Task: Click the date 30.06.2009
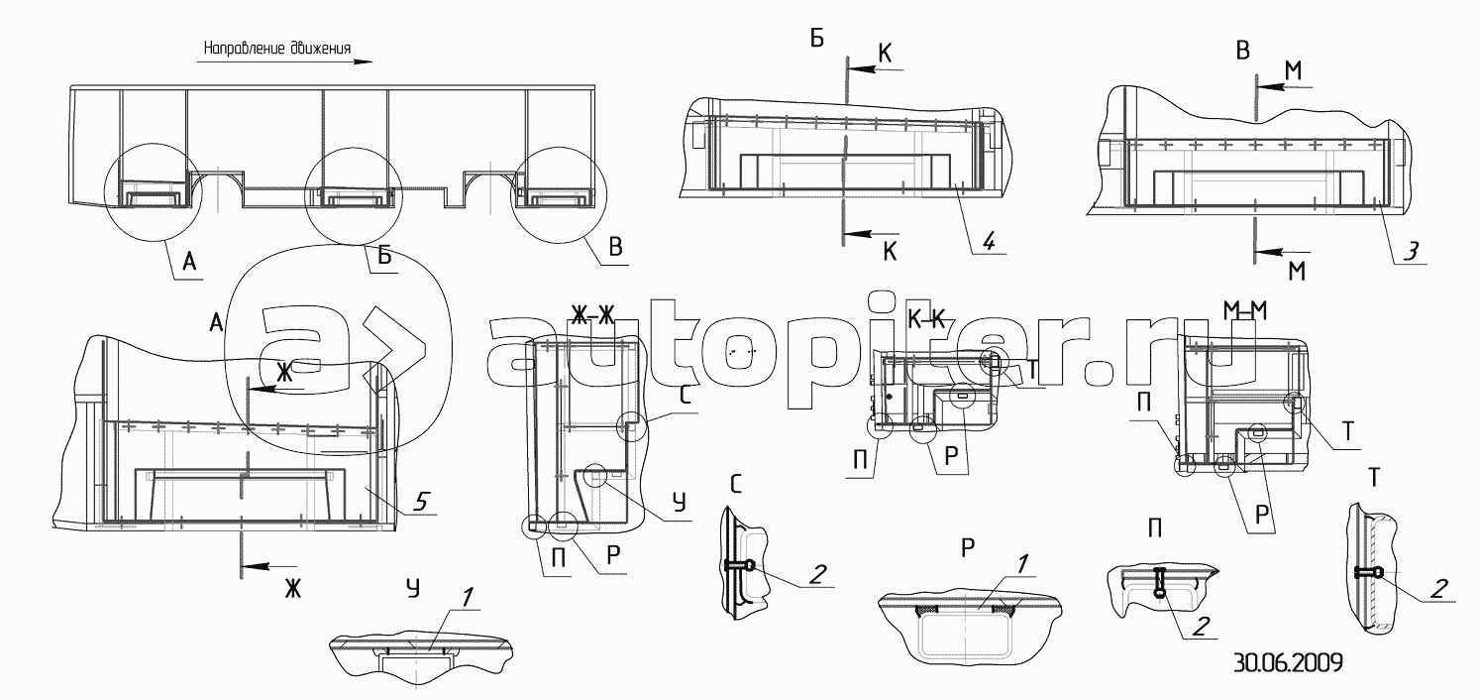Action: pyautogui.click(x=1288, y=662)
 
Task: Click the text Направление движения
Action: pyautogui.click(x=276, y=49)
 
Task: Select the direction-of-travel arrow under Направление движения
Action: pyautogui.click(x=284, y=61)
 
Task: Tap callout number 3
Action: pyautogui.click(x=1410, y=251)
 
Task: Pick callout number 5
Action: pyautogui.click(x=420, y=503)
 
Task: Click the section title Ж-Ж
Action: pyautogui.click(x=593, y=317)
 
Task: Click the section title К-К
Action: pyautogui.click(x=927, y=321)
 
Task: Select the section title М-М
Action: pyautogui.click(x=1245, y=310)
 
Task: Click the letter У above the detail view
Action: pyautogui.click(x=412, y=588)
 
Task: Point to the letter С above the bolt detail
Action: pyautogui.click(x=737, y=484)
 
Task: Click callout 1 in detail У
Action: pyautogui.click(x=467, y=598)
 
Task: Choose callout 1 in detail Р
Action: pyautogui.click(x=1021, y=564)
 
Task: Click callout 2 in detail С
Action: pyautogui.click(x=818, y=574)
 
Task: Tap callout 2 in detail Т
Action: pyautogui.click(x=1439, y=588)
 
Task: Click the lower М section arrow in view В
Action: pyautogui.click(x=1283, y=252)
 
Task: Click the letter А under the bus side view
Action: pyautogui.click(x=189, y=263)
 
